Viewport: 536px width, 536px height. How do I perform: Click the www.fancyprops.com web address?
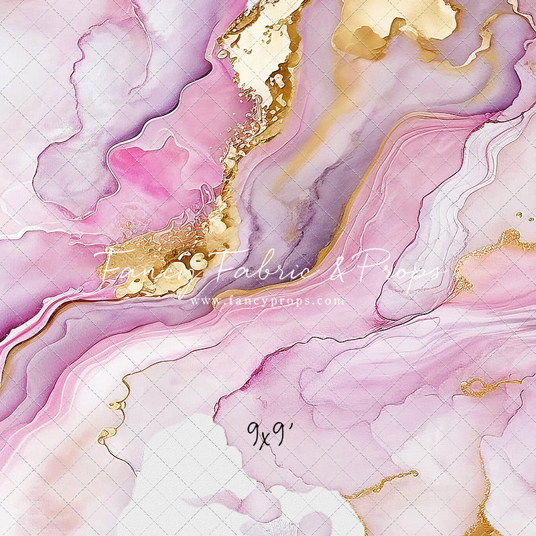pyautogui.click(x=267, y=301)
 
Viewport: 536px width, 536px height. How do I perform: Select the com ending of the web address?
pyautogui.click(x=331, y=302)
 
